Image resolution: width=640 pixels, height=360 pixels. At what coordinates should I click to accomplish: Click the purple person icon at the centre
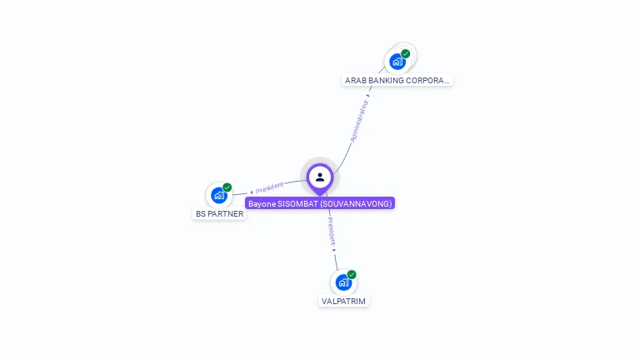tap(320, 177)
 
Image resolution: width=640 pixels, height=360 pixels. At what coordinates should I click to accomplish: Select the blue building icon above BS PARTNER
tap(218, 195)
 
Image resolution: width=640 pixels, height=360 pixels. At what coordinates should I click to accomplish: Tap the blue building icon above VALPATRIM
tap(342, 282)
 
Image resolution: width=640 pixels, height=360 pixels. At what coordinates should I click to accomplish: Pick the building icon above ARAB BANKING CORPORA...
tap(397, 61)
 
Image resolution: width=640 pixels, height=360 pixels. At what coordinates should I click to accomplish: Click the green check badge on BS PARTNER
tap(227, 187)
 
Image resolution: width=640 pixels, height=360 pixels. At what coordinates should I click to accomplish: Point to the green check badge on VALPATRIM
tap(352, 274)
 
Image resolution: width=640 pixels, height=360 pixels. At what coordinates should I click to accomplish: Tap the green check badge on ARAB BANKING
tap(406, 53)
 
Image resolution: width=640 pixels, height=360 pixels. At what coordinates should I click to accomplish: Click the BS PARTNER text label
tap(220, 214)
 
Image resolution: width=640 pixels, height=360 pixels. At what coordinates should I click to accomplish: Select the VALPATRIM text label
tap(343, 301)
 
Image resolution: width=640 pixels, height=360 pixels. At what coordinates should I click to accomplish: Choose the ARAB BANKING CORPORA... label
tap(397, 81)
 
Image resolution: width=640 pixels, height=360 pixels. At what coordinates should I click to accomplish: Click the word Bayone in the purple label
tap(261, 203)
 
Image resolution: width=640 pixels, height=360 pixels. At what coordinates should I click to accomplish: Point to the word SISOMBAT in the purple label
tap(295, 203)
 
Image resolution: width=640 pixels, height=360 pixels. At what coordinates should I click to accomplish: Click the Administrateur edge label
tap(359, 122)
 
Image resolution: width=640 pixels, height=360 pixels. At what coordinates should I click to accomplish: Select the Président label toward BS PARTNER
tap(270, 187)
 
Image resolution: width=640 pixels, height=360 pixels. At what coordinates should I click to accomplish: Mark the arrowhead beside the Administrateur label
tap(368, 94)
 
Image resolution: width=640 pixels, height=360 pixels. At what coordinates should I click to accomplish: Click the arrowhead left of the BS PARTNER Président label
tap(252, 192)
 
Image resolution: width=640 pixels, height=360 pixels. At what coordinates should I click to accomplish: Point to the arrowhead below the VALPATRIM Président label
tap(334, 249)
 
